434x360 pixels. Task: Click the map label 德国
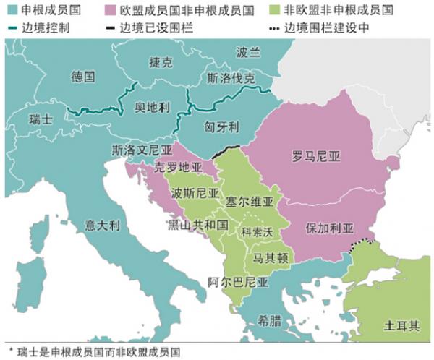pyautogui.click(x=85, y=76)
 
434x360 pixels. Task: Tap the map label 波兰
pyautogui.click(x=248, y=52)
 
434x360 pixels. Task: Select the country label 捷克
pyautogui.click(x=161, y=62)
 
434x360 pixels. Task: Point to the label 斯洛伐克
pyautogui.click(x=231, y=78)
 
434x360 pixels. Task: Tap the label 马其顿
pyautogui.click(x=268, y=257)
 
